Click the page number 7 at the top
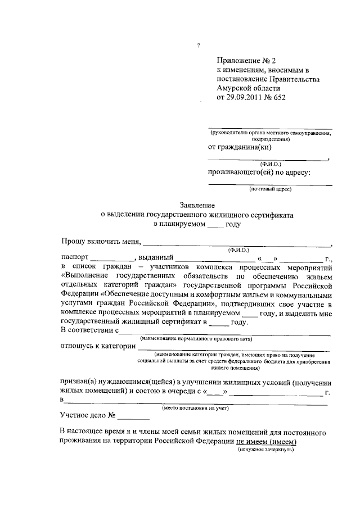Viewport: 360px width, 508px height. pos(199,46)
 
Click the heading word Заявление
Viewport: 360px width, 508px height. pos(197,206)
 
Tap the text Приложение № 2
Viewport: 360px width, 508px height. pos(247,61)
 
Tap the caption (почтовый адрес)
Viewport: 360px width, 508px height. pos(270,190)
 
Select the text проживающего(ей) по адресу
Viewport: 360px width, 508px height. pos(259,173)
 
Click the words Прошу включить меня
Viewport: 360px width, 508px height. pos(101,242)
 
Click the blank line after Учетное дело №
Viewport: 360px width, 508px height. pos(134,418)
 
